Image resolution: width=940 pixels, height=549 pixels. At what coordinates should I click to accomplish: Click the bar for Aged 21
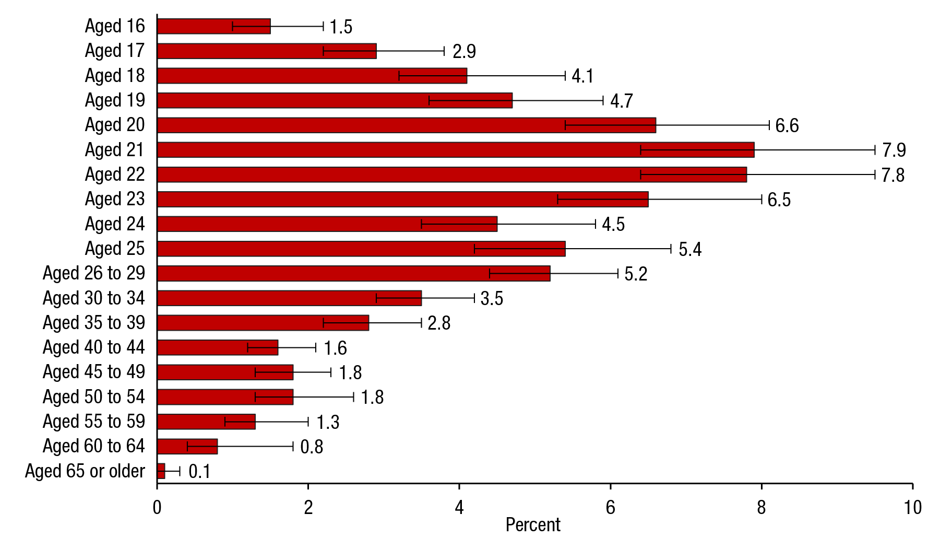point(455,150)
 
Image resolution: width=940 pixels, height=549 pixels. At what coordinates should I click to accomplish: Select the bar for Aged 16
point(213,26)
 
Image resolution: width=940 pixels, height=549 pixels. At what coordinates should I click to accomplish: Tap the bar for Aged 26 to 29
point(353,273)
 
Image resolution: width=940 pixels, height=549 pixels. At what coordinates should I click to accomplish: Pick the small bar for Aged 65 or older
point(161,471)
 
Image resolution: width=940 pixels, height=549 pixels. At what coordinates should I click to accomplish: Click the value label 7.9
point(894,150)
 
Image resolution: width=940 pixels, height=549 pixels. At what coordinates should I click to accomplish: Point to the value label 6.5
point(779,200)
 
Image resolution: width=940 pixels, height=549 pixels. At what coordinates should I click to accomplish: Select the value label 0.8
point(312,447)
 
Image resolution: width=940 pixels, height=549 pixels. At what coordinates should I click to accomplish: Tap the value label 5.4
point(689,250)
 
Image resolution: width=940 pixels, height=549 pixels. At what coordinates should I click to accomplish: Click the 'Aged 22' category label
point(115,174)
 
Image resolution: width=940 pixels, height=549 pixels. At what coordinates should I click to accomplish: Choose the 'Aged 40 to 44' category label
point(94,347)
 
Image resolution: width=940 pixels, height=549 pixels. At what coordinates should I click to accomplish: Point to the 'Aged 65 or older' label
point(85,471)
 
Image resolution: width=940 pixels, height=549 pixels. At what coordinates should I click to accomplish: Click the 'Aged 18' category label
point(115,76)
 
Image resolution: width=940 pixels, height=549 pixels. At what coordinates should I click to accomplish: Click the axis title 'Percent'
point(533,525)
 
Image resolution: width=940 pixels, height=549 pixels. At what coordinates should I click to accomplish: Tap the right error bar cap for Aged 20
point(769,125)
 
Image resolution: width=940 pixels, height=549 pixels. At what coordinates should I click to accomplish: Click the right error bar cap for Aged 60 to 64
point(293,447)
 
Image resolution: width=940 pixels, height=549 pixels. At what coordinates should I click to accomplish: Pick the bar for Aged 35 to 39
point(263,323)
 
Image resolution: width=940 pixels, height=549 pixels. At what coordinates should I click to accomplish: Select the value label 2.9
point(464,52)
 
